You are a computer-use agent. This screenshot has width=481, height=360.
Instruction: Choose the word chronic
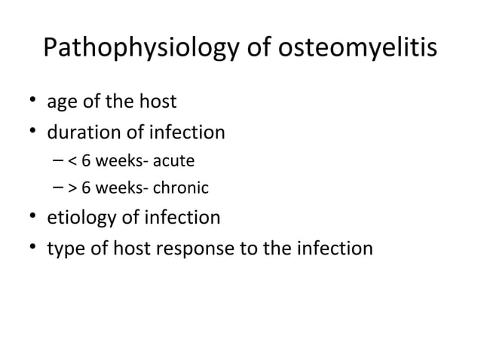(181, 188)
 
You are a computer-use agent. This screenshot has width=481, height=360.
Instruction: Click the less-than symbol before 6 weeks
(71, 162)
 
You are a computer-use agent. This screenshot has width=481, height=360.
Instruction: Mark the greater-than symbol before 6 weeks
(71, 188)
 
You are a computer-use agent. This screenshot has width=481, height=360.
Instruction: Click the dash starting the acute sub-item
(59, 161)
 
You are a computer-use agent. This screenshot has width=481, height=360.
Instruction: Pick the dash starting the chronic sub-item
(59, 188)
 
